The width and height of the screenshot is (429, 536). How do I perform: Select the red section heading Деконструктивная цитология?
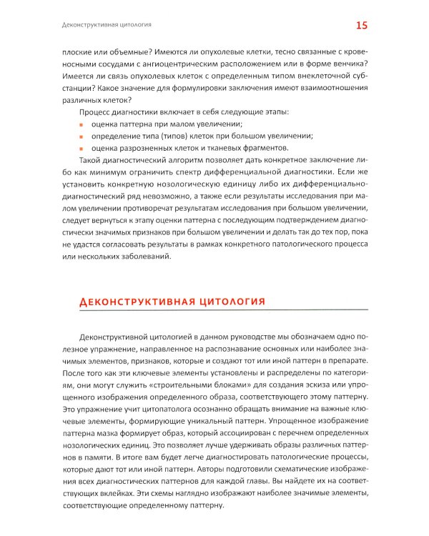[170, 302]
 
